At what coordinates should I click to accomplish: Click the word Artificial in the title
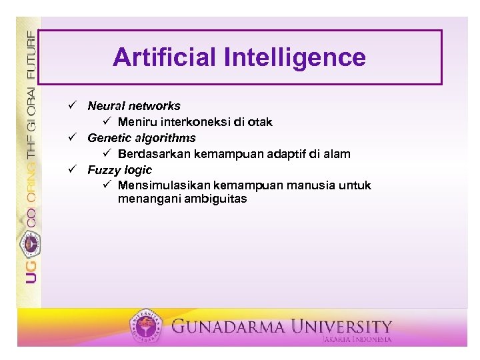click(x=164, y=57)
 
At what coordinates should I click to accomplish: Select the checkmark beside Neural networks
click(x=73, y=105)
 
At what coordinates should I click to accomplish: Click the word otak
click(x=260, y=122)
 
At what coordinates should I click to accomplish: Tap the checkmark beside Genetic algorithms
click(x=73, y=137)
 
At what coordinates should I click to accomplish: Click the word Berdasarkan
click(x=154, y=154)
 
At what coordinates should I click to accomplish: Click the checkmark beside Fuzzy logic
click(x=73, y=169)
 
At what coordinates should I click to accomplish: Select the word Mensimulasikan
click(x=165, y=185)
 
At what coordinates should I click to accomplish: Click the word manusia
click(x=311, y=185)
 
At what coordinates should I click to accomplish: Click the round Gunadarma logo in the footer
click(x=146, y=325)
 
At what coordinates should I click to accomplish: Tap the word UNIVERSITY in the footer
click(x=341, y=327)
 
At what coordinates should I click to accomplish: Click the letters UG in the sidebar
click(x=31, y=272)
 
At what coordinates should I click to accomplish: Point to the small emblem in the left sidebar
click(x=30, y=244)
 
